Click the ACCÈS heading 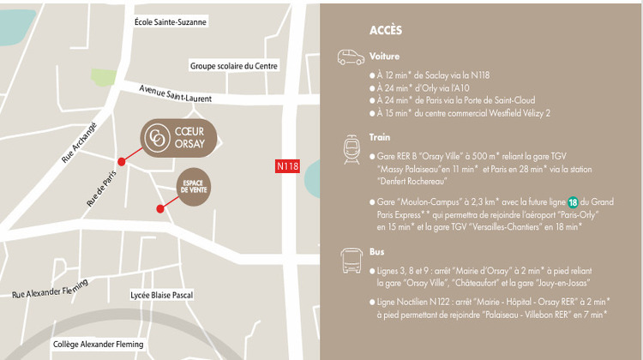386,30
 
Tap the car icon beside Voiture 350,58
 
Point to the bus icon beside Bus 350,261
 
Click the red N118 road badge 288,166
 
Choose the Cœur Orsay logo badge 177,140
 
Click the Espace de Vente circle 194,187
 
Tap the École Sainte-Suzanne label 171,21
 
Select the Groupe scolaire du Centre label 233,66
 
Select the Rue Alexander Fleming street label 49,289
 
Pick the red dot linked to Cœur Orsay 122,161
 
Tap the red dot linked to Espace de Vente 160,208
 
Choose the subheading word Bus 376,253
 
